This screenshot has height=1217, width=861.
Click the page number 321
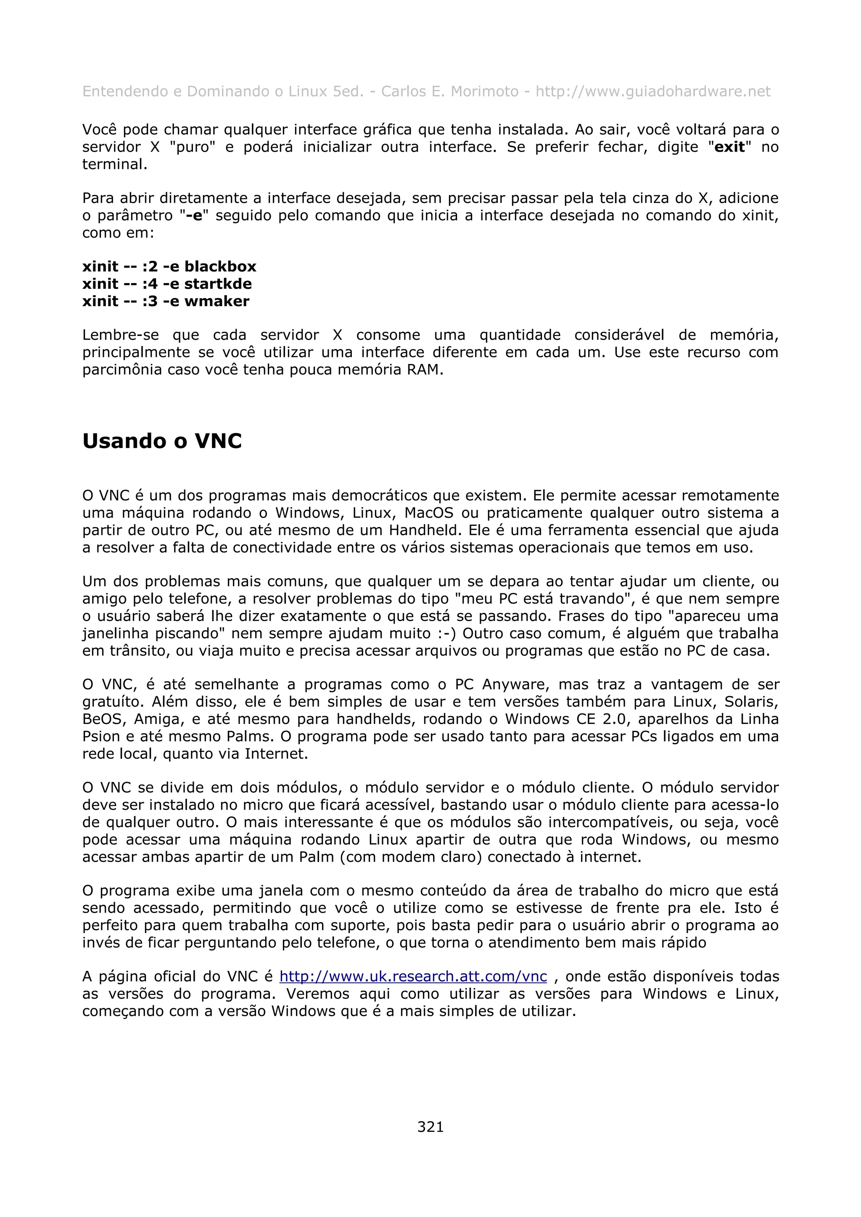tap(430, 1127)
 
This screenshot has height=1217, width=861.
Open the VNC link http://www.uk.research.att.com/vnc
tap(413, 976)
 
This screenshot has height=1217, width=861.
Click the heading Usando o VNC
tap(162, 441)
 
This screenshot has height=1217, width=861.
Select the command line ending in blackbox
tap(169, 266)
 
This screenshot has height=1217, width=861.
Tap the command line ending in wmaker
tap(166, 301)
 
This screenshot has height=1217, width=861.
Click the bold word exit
tap(729, 147)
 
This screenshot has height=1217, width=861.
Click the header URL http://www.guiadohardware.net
tap(652, 92)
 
